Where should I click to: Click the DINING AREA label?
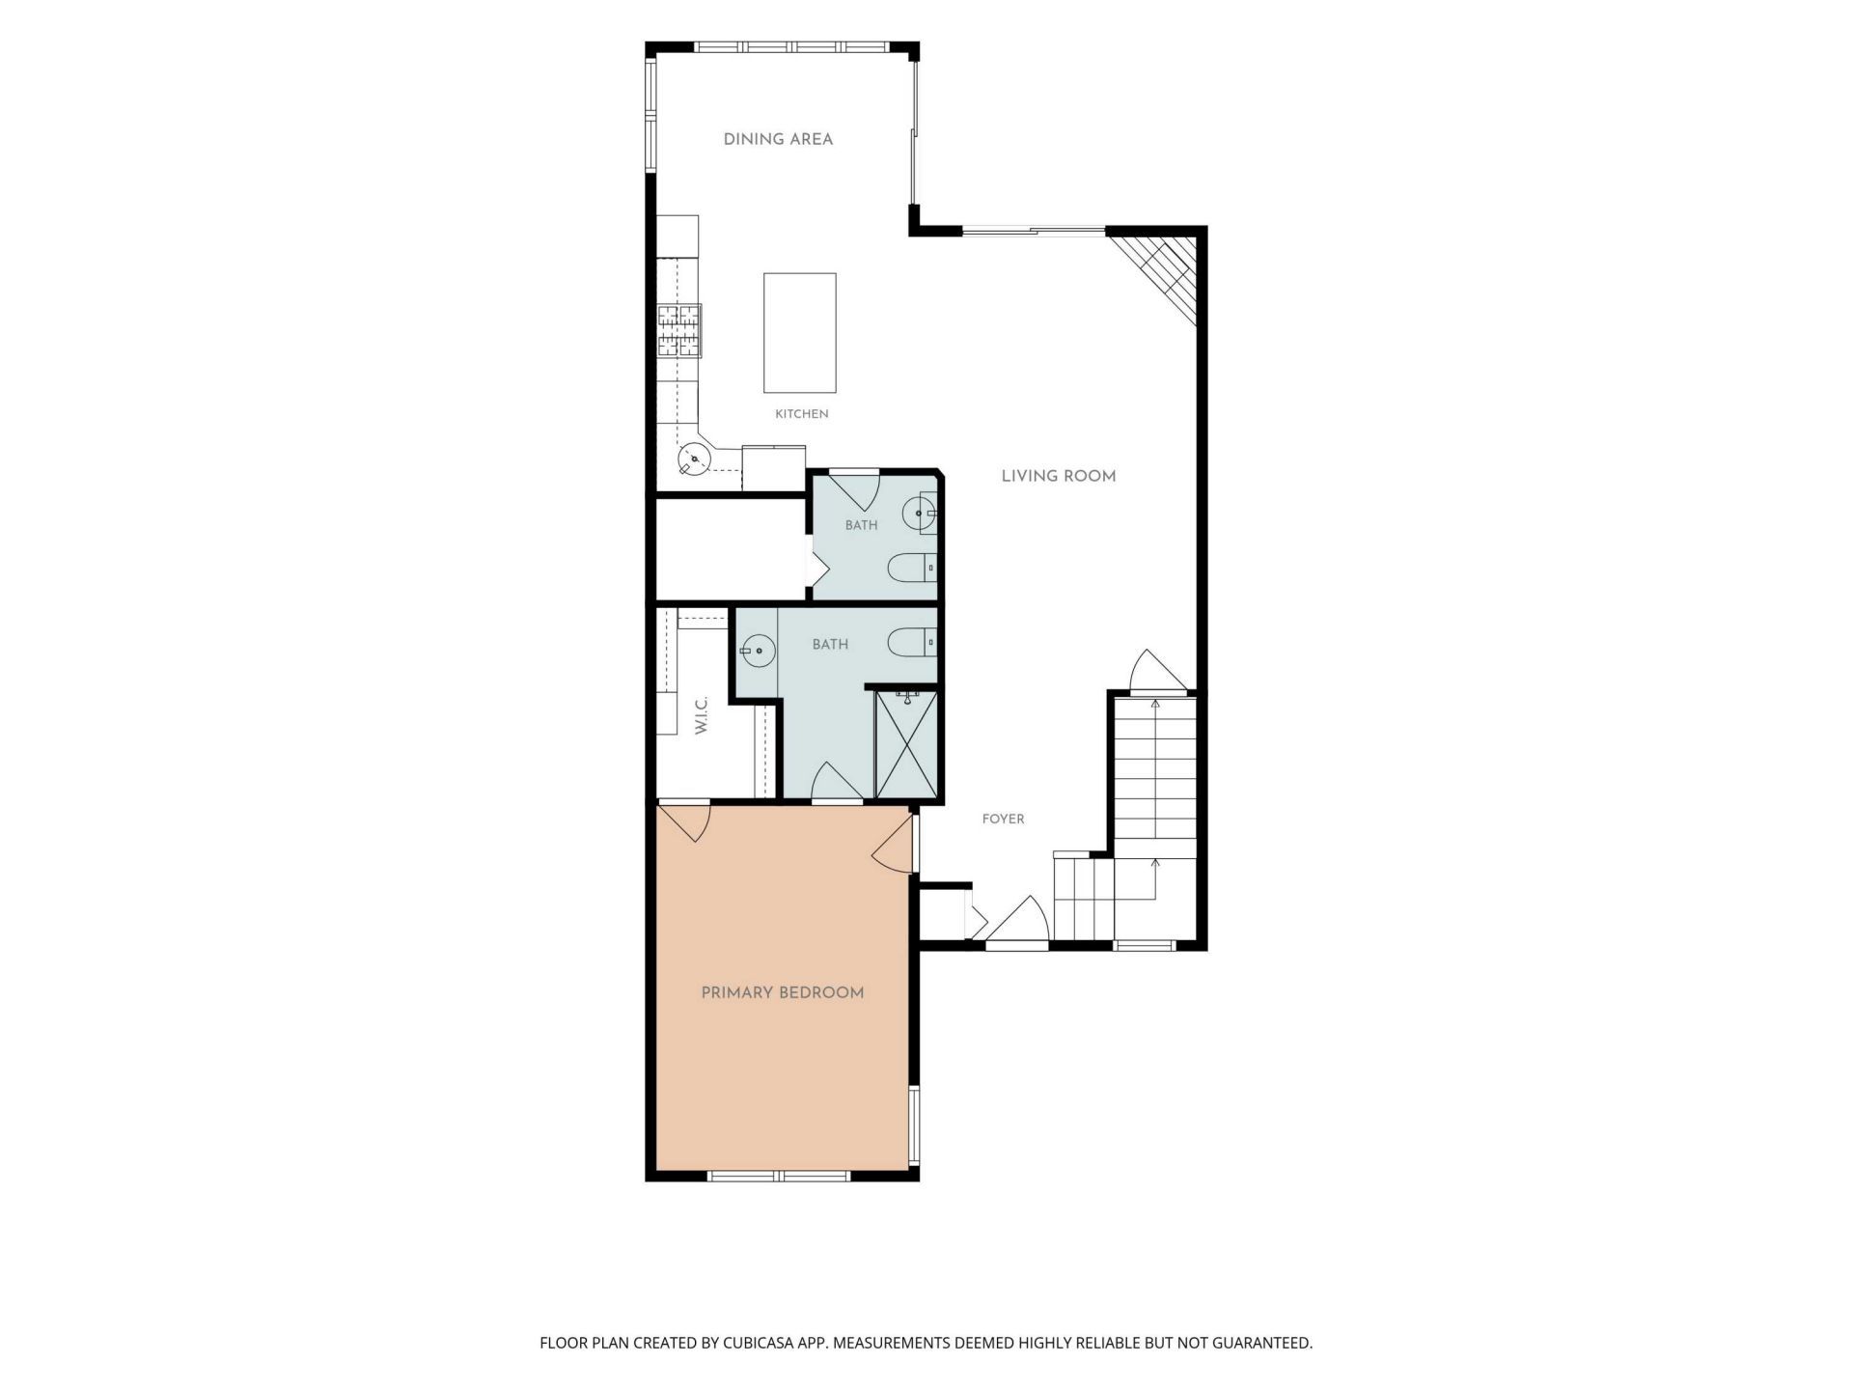pos(778,139)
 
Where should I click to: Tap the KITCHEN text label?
pos(802,414)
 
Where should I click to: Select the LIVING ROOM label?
pos(1059,476)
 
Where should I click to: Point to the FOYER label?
pos(1004,819)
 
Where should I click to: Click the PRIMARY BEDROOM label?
pos(783,992)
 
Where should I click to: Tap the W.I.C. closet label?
pos(702,715)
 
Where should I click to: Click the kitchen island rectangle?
pos(800,333)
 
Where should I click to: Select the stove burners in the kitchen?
pos(679,331)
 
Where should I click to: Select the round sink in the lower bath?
pos(758,651)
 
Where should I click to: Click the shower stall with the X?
pos(905,744)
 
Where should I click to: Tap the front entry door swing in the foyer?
pos(1016,920)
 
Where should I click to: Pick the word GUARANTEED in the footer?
pos(1263,1343)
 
